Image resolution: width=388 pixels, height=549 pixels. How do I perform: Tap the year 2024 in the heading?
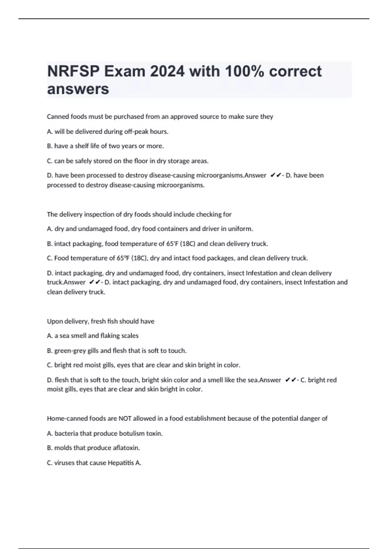(167, 71)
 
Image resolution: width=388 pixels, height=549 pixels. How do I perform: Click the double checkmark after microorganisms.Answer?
(275, 175)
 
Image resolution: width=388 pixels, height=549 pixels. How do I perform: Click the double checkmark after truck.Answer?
(95, 282)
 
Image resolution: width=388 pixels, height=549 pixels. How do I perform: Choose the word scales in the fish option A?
(130, 336)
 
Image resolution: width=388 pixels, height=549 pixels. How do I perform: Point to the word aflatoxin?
(126, 448)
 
